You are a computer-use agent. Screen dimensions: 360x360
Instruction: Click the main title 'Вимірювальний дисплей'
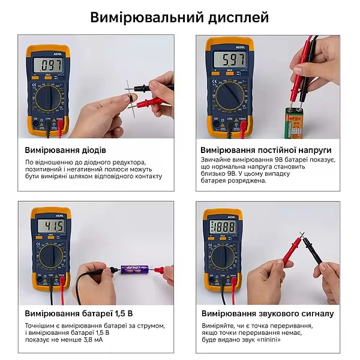(x=179, y=17)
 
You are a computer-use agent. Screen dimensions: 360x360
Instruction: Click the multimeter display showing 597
(x=224, y=60)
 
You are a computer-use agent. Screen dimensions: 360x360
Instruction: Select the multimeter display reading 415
(x=51, y=226)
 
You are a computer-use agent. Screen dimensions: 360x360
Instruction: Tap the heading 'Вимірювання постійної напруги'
(x=266, y=150)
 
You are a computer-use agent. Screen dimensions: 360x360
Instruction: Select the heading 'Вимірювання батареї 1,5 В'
(x=79, y=313)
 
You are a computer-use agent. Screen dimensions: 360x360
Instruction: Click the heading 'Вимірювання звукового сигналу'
(x=267, y=313)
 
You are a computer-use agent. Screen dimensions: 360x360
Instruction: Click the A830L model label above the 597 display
(x=224, y=46)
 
